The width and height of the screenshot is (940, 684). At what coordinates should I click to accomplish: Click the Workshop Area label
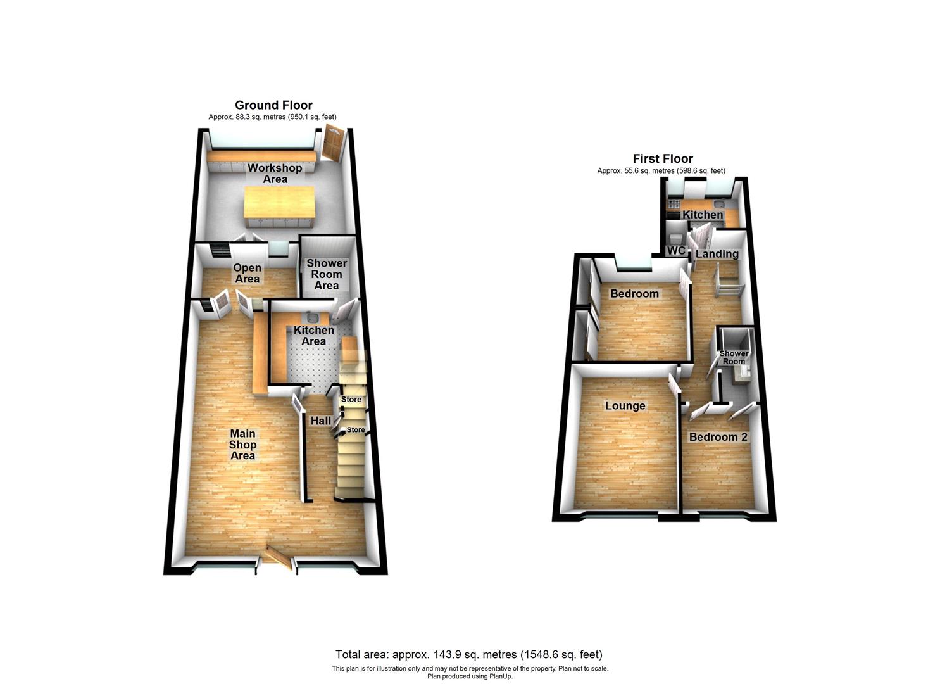click(x=275, y=174)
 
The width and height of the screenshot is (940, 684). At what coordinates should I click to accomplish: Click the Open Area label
click(x=247, y=273)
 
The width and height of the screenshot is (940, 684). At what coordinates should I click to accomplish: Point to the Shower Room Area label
click(x=327, y=274)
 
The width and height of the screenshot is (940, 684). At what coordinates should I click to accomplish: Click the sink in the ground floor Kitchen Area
click(x=312, y=319)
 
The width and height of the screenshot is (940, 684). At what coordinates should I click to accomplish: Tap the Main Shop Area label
click(x=242, y=445)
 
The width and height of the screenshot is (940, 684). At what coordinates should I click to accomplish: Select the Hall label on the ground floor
click(x=320, y=421)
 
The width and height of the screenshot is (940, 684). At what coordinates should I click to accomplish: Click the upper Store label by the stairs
click(x=351, y=400)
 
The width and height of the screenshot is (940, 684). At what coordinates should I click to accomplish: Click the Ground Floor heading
click(x=273, y=105)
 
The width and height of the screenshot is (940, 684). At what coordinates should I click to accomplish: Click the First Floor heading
click(x=663, y=159)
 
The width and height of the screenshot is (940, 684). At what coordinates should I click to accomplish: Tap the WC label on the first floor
click(x=676, y=251)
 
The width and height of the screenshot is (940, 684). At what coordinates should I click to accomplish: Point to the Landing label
click(x=717, y=254)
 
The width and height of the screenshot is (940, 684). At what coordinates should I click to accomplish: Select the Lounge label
click(x=625, y=406)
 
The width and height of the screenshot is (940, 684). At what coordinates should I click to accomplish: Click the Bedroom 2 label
click(x=718, y=437)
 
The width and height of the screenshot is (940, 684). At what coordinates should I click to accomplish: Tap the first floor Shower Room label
click(x=734, y=358)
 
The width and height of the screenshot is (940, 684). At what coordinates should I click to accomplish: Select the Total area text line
click(x=468, y=654)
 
